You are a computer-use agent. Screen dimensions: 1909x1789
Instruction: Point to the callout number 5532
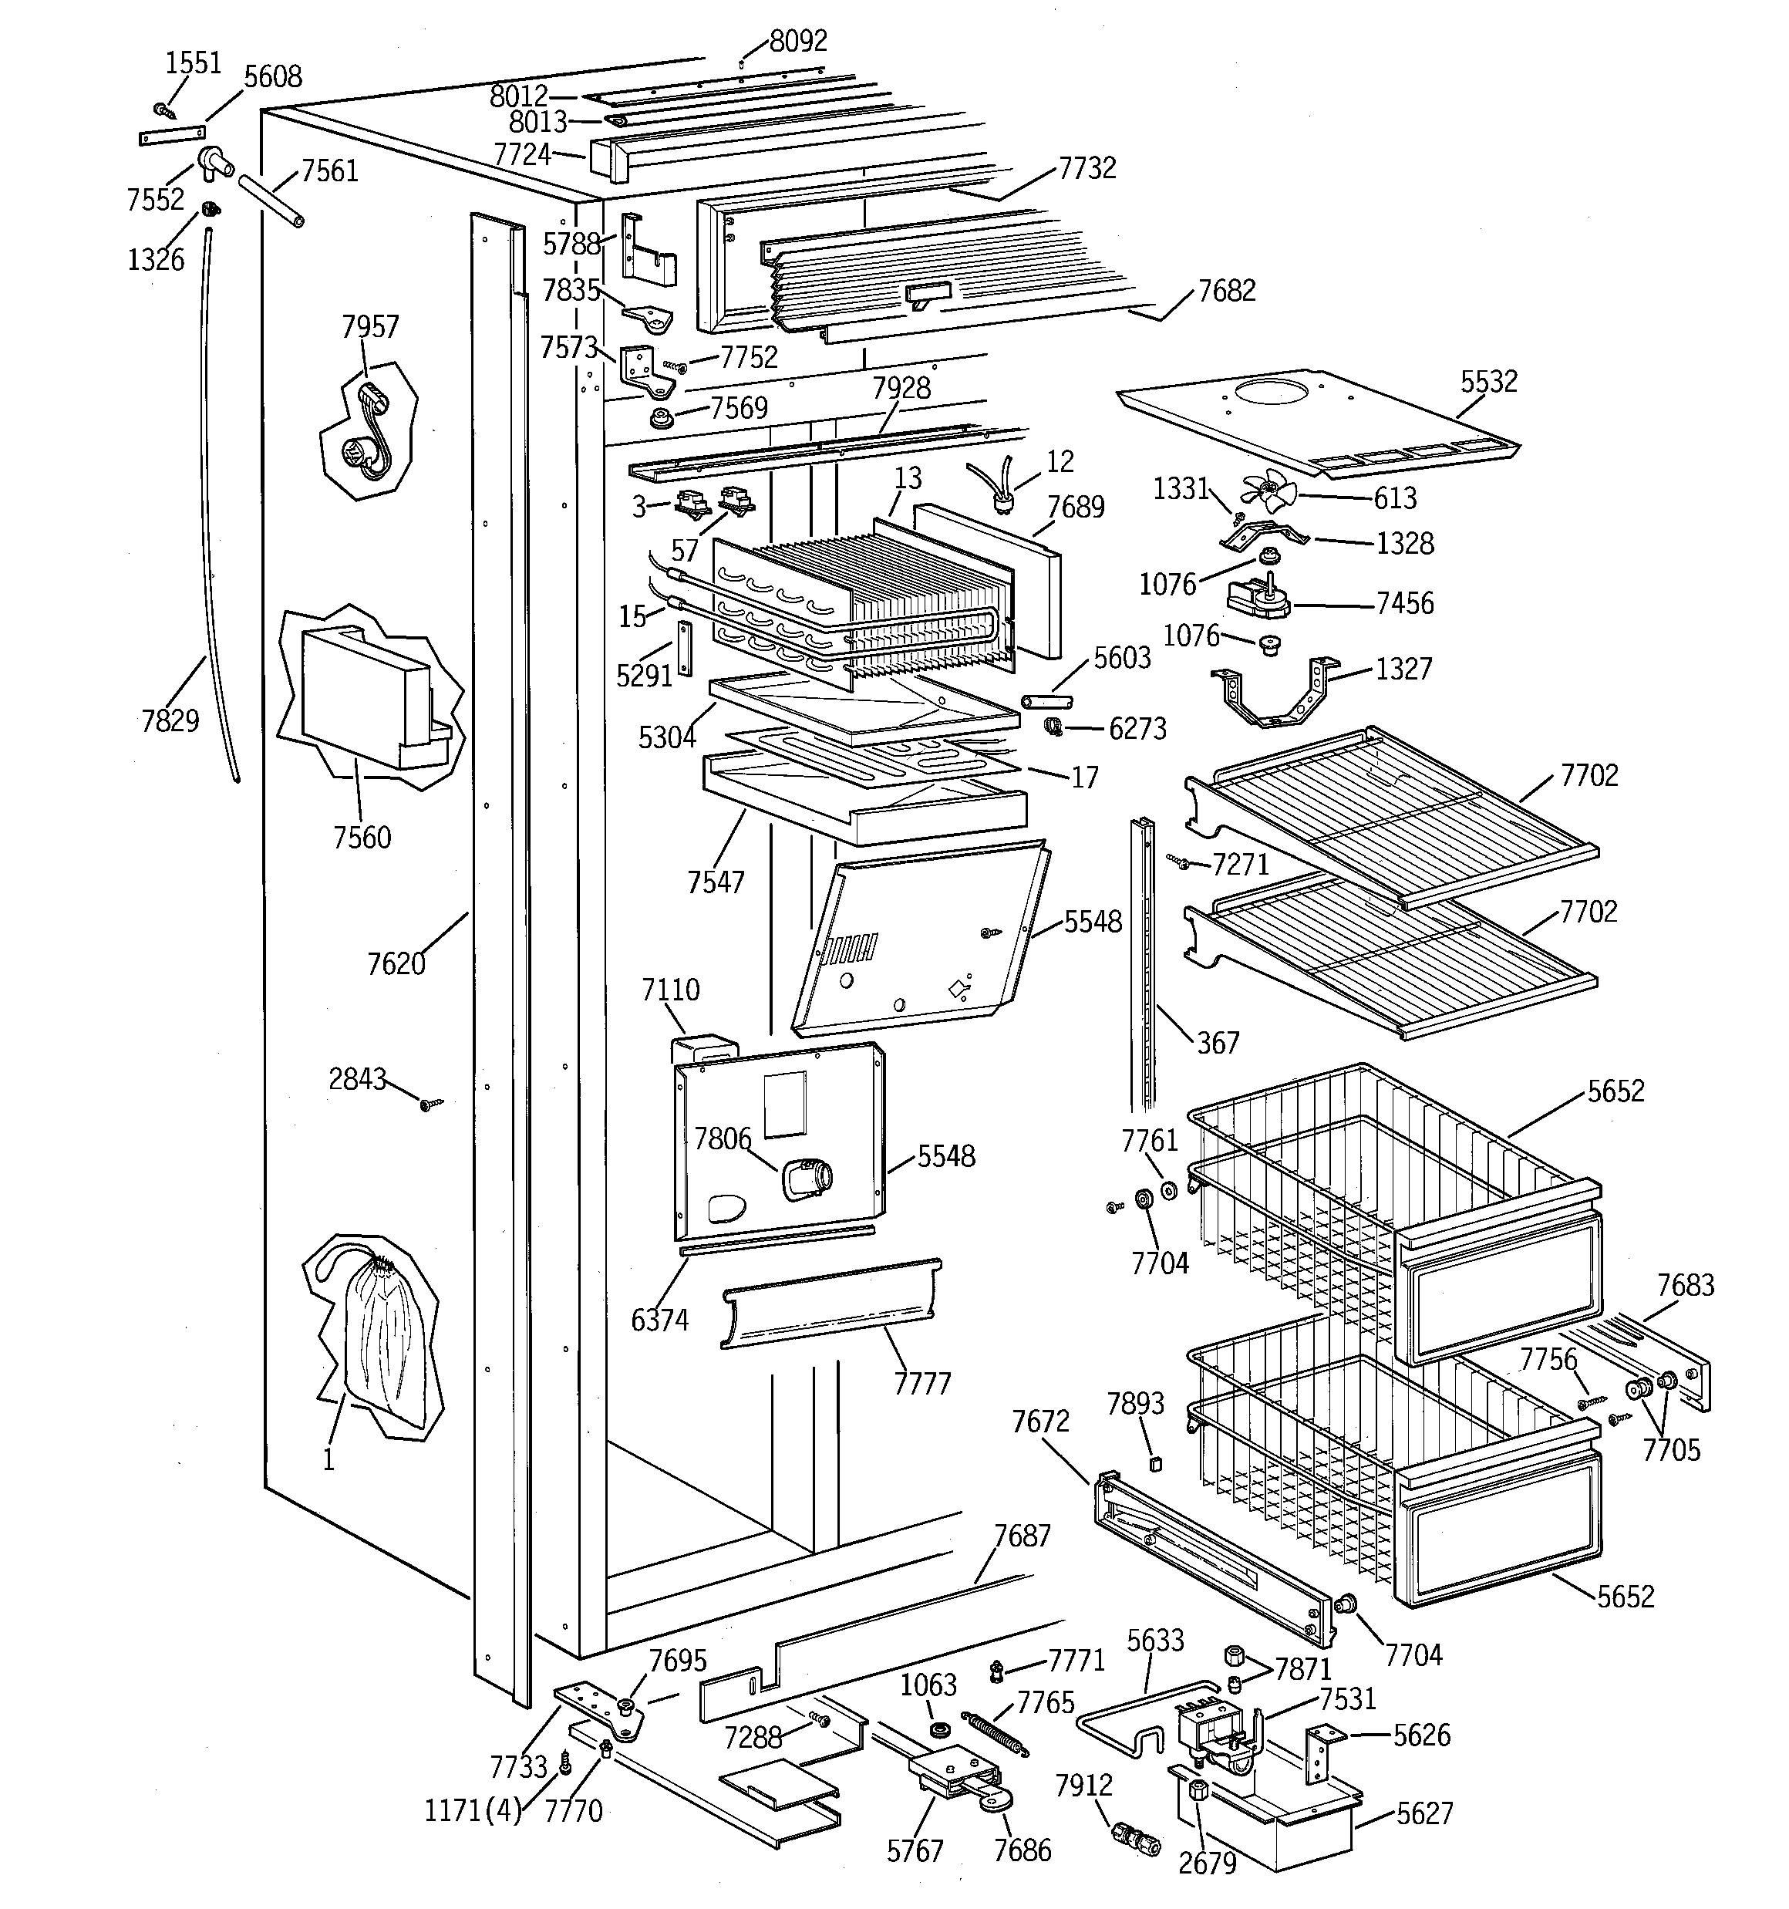tap(1488, 381)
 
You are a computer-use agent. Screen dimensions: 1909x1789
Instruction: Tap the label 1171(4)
tap(473, 1811)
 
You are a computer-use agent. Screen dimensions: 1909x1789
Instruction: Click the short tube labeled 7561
tap(271, 200)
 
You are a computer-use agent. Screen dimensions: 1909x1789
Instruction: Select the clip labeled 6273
tap(1054, 726)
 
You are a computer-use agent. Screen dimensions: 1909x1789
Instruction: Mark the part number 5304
tap(666, 737)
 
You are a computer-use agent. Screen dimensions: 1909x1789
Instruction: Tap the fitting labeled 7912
tap(1133, 1837)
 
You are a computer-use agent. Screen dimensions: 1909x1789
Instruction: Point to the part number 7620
tap(396, 963)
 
